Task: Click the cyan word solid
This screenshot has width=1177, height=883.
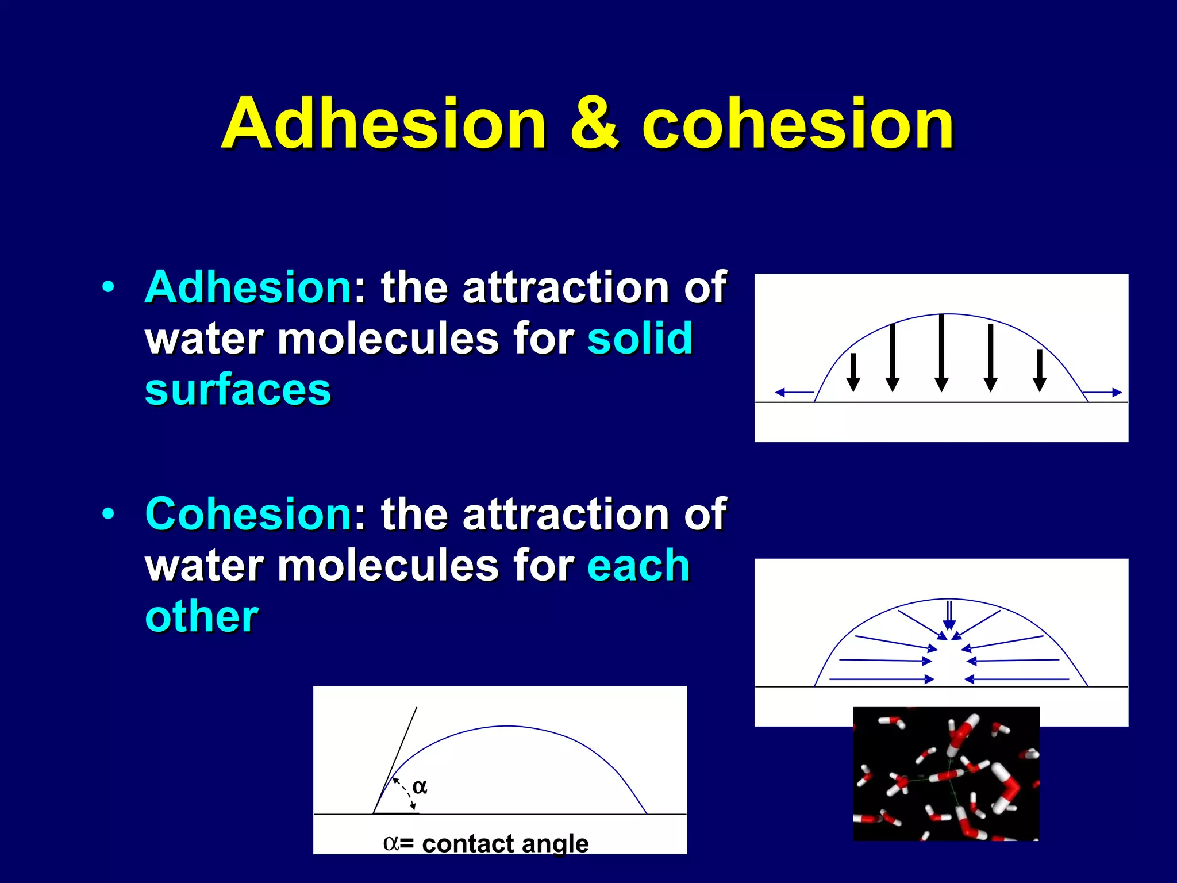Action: pyautogui.click(x=640, y=338)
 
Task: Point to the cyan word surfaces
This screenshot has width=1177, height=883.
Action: pyautogui.click(x=238, y=390)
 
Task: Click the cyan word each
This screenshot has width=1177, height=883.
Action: pyautogui.click(x=638, y=565)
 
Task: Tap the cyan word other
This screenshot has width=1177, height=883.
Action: pyautogui.click(x=202, y=617)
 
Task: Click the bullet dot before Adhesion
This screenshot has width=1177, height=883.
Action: pyautogui.click(x=108, y=287)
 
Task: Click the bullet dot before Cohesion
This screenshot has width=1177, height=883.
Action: pyautogui.click(x=108, y=513)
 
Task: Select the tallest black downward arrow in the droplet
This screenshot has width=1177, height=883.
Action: pyautogui.click(x=941, y=352)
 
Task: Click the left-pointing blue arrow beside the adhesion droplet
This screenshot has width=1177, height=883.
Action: pyautogui.click(x=794, y=393)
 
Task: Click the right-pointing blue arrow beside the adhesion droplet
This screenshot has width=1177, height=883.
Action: pyautogui.click(x=1102, y=393)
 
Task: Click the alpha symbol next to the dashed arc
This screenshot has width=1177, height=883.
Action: pyautogui.click(x=420, y=786)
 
